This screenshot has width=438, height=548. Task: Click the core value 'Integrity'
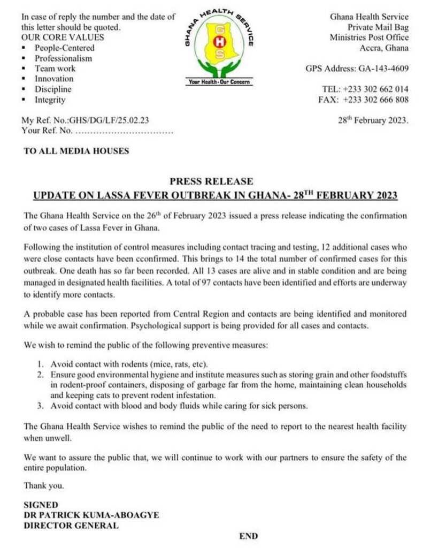[50, 100]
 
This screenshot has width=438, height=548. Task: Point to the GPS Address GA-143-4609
[357, 68]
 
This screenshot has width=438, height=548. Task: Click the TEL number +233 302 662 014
[373, 89]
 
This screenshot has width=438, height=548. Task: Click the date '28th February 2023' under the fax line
[373, 120]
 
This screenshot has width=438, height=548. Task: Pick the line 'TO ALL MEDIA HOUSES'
[76, 151]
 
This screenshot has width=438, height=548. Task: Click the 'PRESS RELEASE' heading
[211, 181]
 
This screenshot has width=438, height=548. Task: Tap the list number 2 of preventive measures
[40, 375]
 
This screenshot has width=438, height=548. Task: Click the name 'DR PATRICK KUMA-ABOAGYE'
[91, 515]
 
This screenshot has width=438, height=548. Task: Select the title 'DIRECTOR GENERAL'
[71, 525]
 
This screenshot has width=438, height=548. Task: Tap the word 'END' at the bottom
[249, 536]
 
